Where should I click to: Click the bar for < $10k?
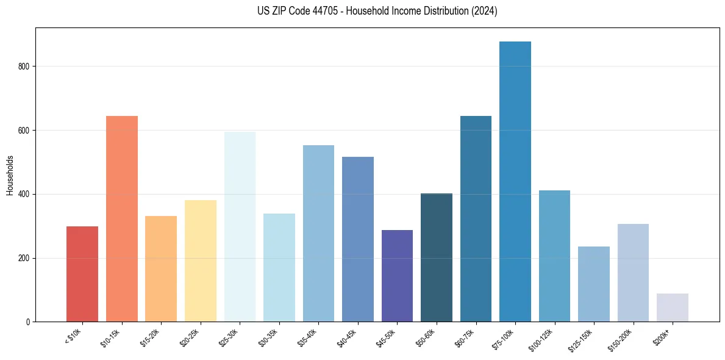point(82,274)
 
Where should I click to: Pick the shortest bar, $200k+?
point(672,308)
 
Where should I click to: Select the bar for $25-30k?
point(240,226)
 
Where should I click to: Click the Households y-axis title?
point(10,175)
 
